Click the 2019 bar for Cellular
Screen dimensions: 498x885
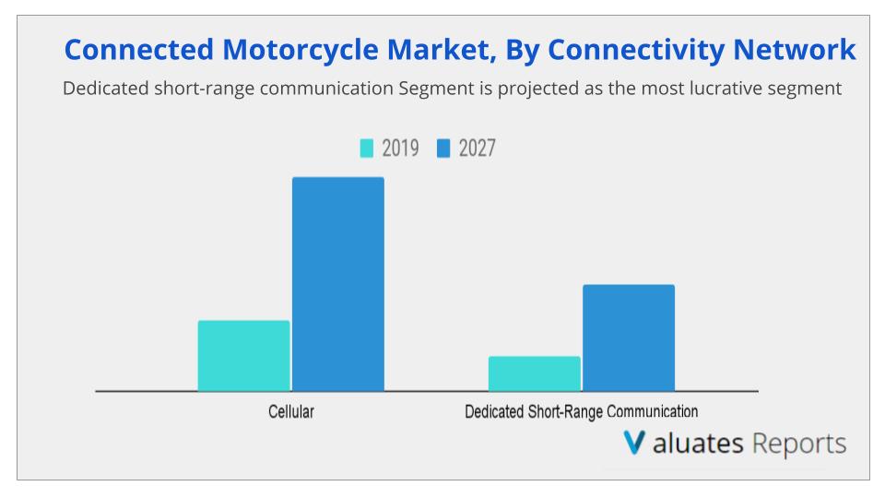243,356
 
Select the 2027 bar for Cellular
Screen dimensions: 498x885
338,284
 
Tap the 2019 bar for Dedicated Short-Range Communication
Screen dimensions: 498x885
535,373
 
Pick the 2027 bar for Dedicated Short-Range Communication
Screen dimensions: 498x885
629,338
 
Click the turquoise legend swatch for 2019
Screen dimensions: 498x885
366,148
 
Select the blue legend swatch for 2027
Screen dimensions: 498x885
443,148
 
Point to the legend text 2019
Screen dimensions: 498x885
400,148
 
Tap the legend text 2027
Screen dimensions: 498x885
477,148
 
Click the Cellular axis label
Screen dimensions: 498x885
291,412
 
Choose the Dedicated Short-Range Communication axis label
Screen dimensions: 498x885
581,412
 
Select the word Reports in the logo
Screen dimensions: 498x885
798,444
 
